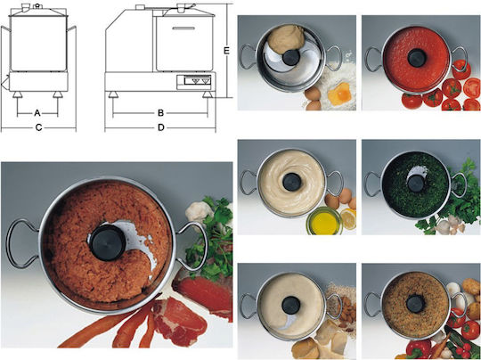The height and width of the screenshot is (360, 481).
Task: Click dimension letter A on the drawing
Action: click(x=37, y=113)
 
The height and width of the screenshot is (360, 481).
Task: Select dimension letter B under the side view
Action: click(x=160, y=113)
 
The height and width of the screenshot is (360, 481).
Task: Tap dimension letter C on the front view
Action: click(x=38, y=127)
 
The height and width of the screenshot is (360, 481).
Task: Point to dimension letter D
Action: click(x=161, y=127)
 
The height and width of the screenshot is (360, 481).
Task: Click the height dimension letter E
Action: click(x=227, y=51)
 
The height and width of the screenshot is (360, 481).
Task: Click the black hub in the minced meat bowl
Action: click(x=108, y=242)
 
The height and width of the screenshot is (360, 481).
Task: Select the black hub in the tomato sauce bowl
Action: click(x=417, y=58)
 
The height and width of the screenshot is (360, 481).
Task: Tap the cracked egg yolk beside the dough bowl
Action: click(x=340, y=94)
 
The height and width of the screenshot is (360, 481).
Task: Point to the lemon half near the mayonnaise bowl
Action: click(x=349, y=218)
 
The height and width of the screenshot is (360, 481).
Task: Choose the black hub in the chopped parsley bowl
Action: click(x=416, y=184)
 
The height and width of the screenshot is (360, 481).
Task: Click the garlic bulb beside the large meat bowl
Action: click(x=200, y=212)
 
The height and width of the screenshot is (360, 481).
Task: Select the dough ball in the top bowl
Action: click(x=286, y=39)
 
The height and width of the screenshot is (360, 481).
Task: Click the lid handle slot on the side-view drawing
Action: click(x=183, y=29)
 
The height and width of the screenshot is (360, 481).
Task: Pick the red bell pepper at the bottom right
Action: click(x=419, y=349)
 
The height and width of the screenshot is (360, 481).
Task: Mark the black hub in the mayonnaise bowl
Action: click(x=292, y=182)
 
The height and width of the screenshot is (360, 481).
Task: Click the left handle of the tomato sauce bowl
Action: click(x=373, y=59)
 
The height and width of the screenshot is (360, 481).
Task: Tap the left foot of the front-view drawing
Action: click(x=18, y=94)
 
